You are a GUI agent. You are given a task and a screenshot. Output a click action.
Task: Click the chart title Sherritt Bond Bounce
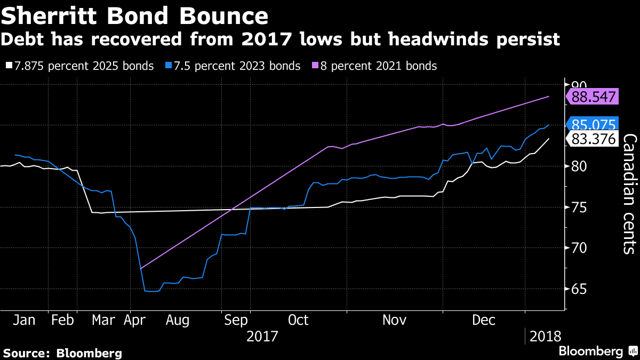click(x=134, y=16)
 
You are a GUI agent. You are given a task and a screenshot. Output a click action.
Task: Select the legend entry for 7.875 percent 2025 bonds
click(x=80, y=66)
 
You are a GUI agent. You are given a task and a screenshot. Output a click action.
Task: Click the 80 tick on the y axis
click(x=578, y=166)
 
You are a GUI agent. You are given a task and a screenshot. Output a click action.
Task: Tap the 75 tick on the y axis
click(x=578, y=207)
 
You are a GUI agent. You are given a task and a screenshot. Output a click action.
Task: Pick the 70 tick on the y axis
click(x=578, y=248)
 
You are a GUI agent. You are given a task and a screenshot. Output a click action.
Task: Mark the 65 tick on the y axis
click(x=578, y=289)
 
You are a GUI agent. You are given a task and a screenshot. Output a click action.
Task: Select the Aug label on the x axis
click(x=178, y=320)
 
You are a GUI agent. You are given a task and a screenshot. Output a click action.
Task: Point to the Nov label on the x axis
click(x=395, y=320)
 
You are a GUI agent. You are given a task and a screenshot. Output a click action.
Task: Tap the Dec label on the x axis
click(x=484, y=320)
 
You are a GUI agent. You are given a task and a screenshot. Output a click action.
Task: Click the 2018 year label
click(x=546, y=337)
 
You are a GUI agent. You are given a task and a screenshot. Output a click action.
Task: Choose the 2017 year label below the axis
click(x=263, y=337)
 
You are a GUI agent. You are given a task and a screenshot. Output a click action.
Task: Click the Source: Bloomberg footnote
click(x=63, y=353)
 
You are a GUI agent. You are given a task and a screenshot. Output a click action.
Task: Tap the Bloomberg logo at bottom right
click(x=597, y=351)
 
